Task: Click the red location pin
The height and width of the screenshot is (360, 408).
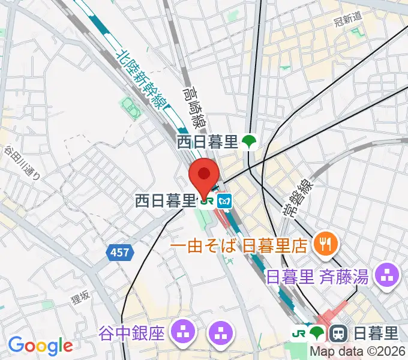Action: tap(203, 175)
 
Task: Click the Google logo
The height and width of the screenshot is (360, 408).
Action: tap(40, 345)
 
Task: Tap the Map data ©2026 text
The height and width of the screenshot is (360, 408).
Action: tap(358, 352)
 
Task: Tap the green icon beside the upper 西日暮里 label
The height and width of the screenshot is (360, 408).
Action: tap(248, 142)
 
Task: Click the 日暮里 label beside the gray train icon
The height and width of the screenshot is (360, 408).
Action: tap(374, 332)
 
